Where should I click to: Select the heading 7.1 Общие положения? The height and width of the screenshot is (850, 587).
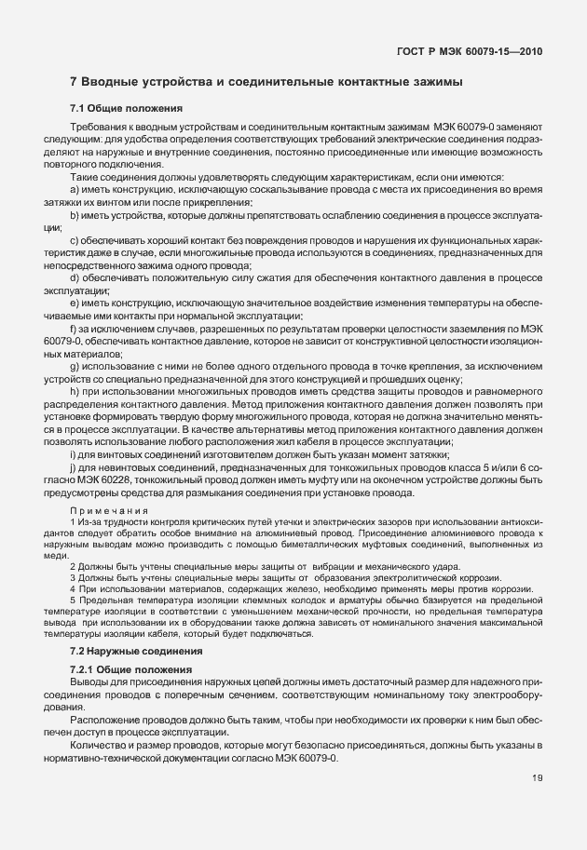[119, 109]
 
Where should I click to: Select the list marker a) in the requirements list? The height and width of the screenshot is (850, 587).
[75, 188]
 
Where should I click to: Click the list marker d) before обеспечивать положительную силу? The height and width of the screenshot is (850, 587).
[75, 277]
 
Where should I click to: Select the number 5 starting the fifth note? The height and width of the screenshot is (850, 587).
[72, 600]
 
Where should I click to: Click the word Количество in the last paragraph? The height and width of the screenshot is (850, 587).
[99, 746]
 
